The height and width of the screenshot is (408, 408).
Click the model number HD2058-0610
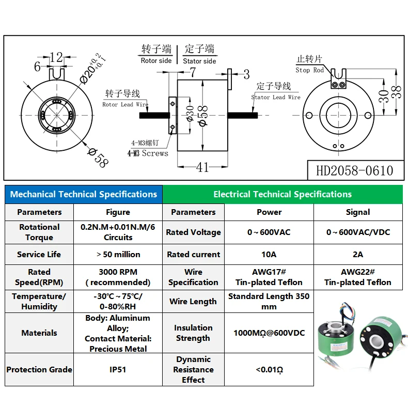pos(354,171)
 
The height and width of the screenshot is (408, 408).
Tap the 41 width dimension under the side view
pos(202,167)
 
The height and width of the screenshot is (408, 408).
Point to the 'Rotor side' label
pos(156,60)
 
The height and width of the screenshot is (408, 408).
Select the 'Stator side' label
pos(199,61)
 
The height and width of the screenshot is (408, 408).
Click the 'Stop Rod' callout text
pos(310,70)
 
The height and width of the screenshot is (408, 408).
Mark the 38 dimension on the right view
pos(396,92)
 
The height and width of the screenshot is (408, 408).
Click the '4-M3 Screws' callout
pos(148,153)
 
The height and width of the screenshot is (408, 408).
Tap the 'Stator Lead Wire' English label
pos(276,97)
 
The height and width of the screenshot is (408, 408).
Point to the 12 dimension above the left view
pos(56,57)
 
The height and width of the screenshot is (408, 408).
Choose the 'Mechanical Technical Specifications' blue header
pos(84,194)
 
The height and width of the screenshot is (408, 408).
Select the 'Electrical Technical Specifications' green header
pos(283,194)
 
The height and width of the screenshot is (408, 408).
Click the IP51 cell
pos(118,369)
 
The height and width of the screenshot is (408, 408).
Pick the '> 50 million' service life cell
pos(118,254)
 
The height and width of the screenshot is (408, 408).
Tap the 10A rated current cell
pos(269,254)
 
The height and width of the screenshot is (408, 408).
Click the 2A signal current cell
pos(358,254)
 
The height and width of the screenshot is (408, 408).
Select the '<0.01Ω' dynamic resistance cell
pos(269,369)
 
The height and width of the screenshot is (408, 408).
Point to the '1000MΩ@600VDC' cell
pos(269,333)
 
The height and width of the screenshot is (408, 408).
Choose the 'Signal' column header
pos(358,212)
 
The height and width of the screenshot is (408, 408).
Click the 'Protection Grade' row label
pos(39,369)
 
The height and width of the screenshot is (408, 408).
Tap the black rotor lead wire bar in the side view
pos(154,115)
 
